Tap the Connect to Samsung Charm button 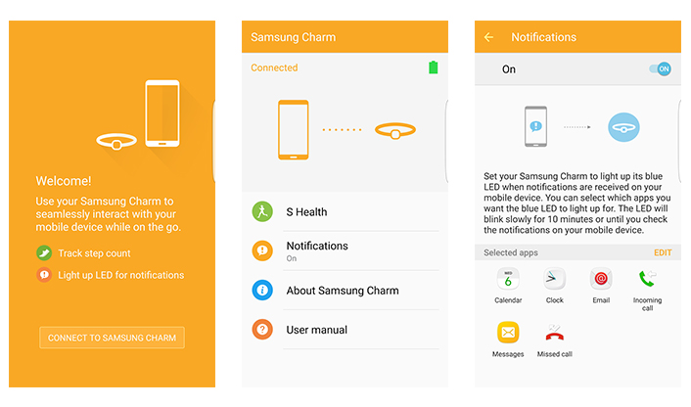tap(112, 338)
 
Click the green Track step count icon tap(44, 252)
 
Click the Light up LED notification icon tap(44, 275)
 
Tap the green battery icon tap(434, 68)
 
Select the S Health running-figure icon tap(262, 211)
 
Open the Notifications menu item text tap(317, 246)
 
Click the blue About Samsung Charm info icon tap(262, 291)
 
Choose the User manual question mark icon tap(262, 330)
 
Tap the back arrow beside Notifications tap(488, 37)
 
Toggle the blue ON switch tap(660, 68)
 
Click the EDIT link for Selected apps tap(663, 252)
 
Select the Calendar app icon tap(508, 279)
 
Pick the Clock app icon tap(554, 279)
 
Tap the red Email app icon tap(601, 279)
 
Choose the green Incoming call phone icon tap(647, 279)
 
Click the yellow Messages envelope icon tap(508, 332)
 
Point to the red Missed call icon tap(554, 333)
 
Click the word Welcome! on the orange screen tap(64, 181)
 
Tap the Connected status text tap(274, 68)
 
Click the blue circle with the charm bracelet tap(623, 127)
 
